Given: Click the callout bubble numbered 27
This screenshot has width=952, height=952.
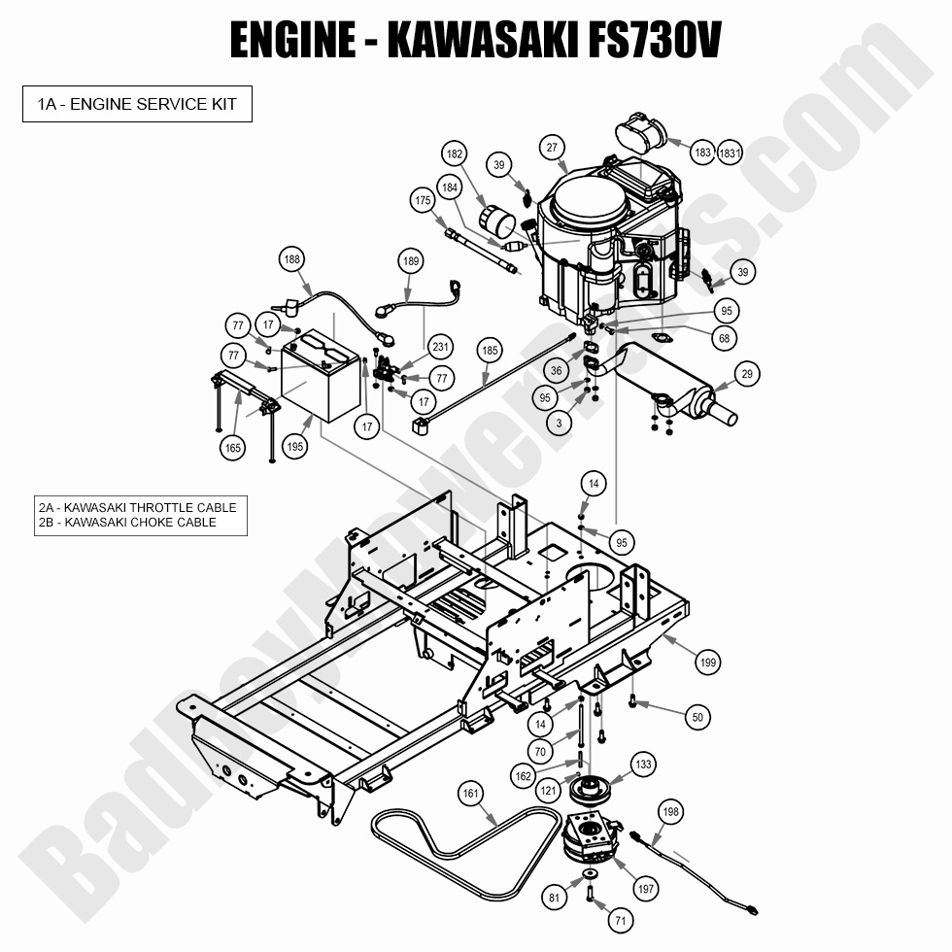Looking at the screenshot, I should coord(552,148).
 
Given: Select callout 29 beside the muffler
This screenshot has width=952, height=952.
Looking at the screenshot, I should coord(746,374).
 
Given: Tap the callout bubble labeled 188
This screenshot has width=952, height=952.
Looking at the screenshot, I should coord(291,259).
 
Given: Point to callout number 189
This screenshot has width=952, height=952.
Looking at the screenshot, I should coord(412,261).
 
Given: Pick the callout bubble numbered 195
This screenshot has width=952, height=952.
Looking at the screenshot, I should coord(295,447).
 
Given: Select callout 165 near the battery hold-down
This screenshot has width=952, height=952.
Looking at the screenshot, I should coord(232,448).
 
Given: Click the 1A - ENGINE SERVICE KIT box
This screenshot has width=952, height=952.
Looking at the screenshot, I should coord(137,104).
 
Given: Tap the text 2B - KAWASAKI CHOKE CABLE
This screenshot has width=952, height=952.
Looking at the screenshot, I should coord(127,523).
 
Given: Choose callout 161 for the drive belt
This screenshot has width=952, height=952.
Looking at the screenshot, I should coord(471,795).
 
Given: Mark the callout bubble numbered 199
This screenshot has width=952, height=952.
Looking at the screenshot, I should coord(709,663).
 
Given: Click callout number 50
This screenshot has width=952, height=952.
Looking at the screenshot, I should coord(696,718).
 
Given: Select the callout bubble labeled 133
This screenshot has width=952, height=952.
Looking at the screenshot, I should coord(644,765).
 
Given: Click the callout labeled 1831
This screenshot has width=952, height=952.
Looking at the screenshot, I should coord(731,153).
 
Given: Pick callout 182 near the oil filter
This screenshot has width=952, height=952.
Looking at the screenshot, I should coord(454,154).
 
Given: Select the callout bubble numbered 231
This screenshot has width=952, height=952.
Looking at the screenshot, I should coord(441,348).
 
